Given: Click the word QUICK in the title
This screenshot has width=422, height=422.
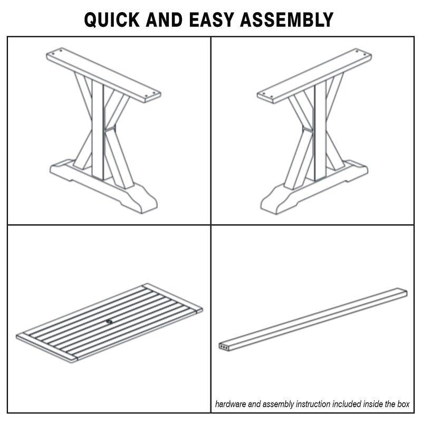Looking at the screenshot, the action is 112,20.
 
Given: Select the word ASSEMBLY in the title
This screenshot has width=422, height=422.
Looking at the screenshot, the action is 286,20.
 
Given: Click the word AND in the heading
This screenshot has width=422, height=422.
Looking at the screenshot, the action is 164,20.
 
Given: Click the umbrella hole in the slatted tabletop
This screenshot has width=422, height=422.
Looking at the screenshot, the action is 109,321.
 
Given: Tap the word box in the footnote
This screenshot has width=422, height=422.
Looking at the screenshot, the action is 403,404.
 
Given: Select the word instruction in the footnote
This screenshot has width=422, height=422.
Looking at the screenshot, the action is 313,404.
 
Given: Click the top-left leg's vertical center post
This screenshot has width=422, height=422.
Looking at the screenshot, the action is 98,129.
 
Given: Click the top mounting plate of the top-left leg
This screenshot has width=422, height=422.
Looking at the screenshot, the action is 103,75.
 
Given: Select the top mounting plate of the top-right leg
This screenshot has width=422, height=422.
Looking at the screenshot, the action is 314,76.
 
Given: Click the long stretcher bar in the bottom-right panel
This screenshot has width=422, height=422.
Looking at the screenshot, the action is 313,320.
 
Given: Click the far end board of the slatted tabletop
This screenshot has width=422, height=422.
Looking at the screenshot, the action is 172,297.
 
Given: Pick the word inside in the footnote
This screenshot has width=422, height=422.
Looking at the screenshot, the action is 372,404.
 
